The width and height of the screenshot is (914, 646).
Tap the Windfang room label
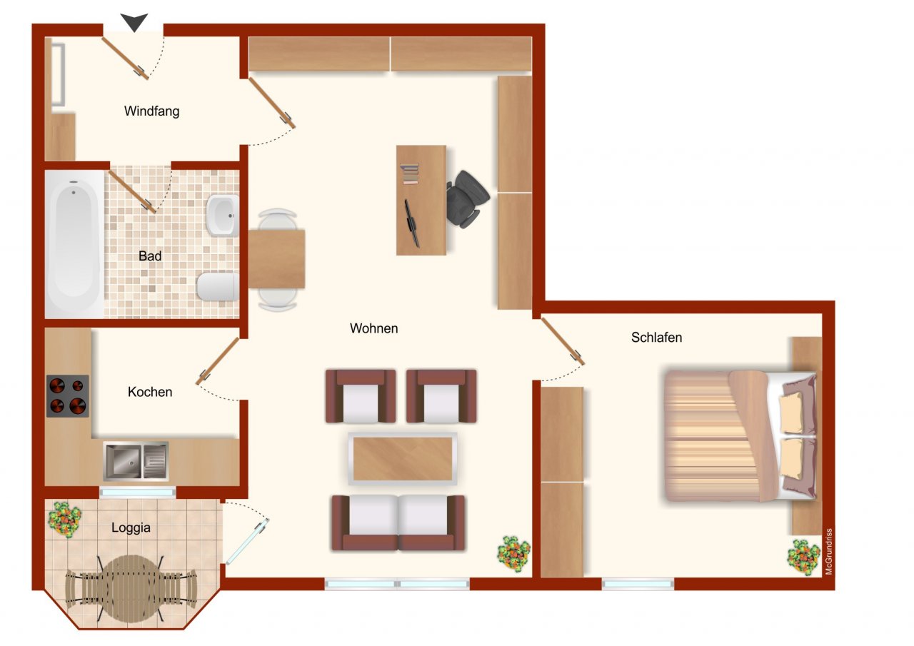(151, 111)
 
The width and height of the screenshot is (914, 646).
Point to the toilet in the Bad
(216, 286)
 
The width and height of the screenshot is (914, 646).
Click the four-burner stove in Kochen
(68, 395)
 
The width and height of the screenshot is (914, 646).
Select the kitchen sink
(136, 460)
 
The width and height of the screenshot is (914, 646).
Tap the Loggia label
(131, 528)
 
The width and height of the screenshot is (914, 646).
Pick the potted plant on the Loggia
(64, 520)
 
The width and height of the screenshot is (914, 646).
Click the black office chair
(468, 198)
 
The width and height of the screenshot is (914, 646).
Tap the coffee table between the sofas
(403, 458)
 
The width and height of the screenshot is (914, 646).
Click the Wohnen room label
(373, 329)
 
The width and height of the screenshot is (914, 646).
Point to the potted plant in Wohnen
(513, 552)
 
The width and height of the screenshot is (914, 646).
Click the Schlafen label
(656, 338)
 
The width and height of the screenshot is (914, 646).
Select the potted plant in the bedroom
(803, 557)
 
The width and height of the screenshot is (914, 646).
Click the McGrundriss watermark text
(829, 551)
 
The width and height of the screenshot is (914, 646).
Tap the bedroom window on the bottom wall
(638, 584)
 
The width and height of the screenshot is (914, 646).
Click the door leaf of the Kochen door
(217, 361)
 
